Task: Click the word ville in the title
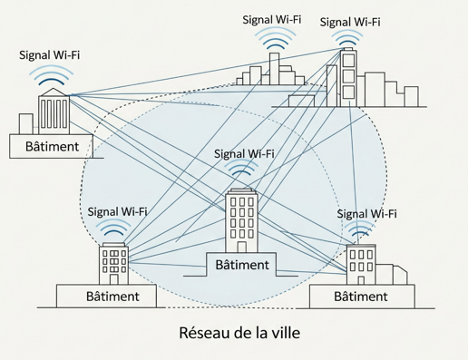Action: point(283,335)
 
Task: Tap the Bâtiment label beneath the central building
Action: point(242,264)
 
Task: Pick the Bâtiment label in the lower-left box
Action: point(112,297)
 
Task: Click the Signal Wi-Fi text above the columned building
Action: point(50,55)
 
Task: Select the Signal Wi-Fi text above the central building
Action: point(245,153)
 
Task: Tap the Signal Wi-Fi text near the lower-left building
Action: point(118,211)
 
